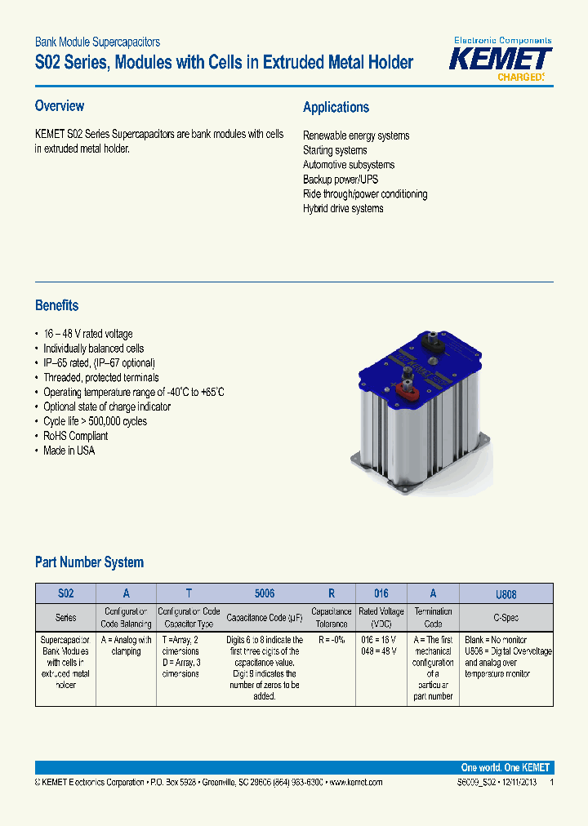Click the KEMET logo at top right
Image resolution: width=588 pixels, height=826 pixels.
[x=501, y=60]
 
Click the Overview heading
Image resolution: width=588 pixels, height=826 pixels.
[x=60, y=106]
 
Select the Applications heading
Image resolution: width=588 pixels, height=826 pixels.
[x=336, y=108]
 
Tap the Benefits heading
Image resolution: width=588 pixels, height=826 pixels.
[x=57, y=305]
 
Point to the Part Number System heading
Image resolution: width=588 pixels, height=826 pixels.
[x=89, y=562]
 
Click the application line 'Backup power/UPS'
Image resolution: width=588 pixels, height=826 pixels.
[x=341, y=180]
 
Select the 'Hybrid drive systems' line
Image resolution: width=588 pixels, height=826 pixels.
[x=343, y=209]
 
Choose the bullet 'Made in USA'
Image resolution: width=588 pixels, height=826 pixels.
[x=69, y=451]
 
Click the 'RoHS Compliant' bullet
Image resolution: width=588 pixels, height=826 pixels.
[x=75, y=436]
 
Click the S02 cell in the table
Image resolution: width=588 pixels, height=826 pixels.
[x=65, y=594]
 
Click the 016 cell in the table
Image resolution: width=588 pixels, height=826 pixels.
[x=381, y=594]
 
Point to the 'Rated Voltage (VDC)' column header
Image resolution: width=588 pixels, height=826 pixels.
[x=381, y=617]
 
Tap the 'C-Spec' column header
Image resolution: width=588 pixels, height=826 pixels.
[x=506, y=618]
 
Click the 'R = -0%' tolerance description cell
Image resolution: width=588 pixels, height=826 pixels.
[x=332, y=640]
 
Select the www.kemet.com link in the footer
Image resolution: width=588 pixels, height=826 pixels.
[x=354, y=782]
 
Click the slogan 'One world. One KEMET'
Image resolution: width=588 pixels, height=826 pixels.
[x=506, y=768]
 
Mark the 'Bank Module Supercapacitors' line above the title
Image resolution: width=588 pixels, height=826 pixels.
[x=97, y=42]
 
